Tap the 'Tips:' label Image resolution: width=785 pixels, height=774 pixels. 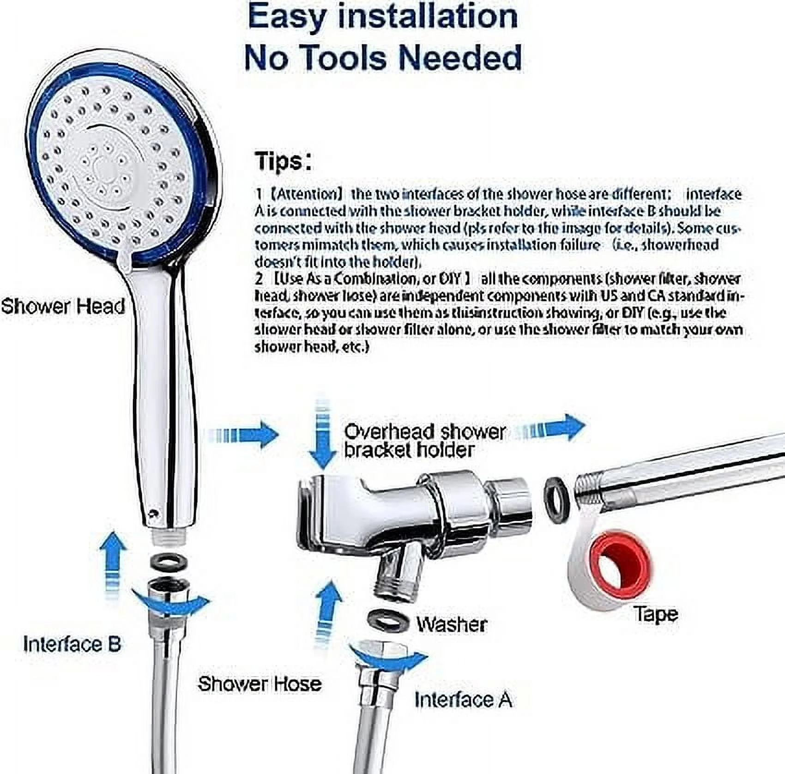[283, 161]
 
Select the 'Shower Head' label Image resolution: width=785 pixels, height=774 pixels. [63, 306]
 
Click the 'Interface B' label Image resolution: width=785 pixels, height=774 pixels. [72, 644]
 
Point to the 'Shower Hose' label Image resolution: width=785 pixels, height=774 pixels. [260, 684]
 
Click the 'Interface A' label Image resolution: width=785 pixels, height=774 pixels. [463, 700]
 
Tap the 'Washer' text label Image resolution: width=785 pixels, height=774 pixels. [451, 624]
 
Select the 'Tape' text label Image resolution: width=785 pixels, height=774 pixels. [656, 614]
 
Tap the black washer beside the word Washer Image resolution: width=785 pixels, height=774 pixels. [388, 620]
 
